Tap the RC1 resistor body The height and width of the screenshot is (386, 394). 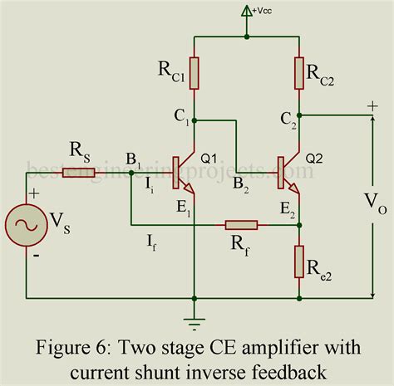coord(194,72)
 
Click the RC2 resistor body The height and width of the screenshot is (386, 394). coord(300,72)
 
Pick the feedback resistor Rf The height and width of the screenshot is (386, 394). coord(241,224)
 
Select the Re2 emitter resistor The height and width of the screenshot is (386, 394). coord(300,261)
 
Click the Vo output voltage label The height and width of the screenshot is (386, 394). coord(372,202)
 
